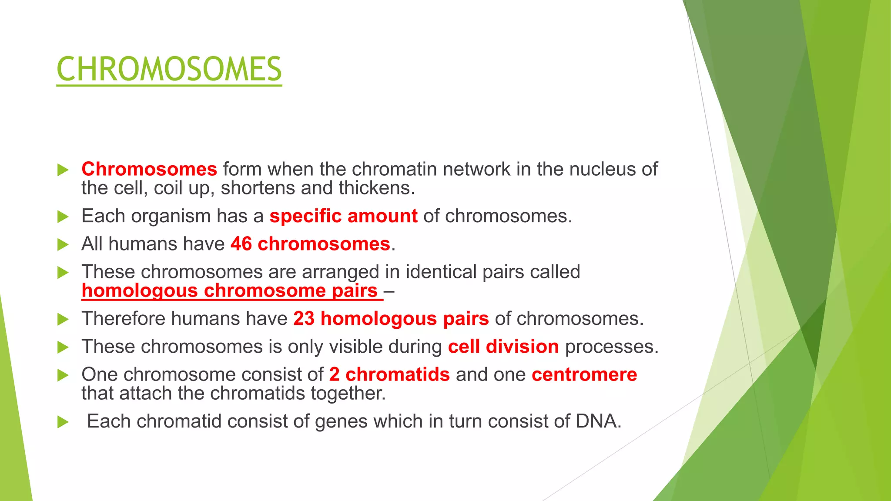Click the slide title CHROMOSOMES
pos(169,70)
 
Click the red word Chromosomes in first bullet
pos(149,169)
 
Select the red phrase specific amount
pos(343,216)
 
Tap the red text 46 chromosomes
pos(310,244)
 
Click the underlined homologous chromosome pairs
pos(230,291)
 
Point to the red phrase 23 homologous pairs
pos(391,319)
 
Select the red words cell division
pos(503,347)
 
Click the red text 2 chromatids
pos(389,374)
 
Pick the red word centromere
pos(584,374)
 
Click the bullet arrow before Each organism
pos(63,217)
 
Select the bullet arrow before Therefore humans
pos(63,319)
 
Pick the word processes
pos(611,347)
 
